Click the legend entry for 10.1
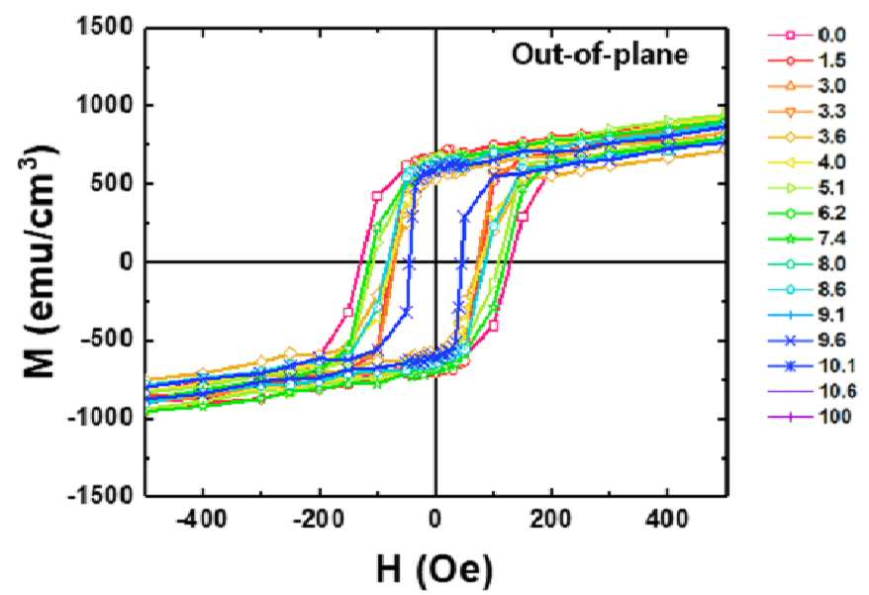pos(812,366)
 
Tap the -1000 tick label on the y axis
pos(101,419)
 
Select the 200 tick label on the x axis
pos(551,520)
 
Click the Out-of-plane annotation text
pos(600,54)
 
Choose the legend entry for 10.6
pos(812,391)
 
